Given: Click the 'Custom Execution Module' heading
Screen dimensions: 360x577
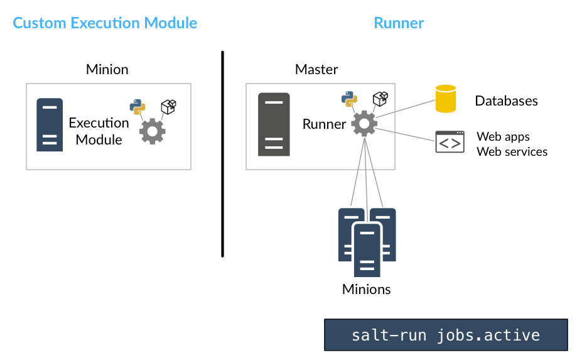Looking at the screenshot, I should [105, 24].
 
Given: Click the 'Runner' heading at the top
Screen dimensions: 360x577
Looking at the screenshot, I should [399, 24].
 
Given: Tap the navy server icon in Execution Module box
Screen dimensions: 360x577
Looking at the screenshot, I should [50, 124].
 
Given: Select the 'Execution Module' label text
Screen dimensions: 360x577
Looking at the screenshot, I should [99, 131].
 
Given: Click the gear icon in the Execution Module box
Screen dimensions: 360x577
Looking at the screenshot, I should [152, 131].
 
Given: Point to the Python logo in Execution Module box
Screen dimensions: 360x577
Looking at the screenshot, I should [138, 107].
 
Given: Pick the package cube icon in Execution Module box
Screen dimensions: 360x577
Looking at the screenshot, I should [168, 107].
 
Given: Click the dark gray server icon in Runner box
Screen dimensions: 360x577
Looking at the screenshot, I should [274, 124].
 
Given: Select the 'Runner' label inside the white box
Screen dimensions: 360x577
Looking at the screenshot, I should [324, 124].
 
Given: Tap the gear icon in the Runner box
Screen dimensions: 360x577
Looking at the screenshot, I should [364, 123].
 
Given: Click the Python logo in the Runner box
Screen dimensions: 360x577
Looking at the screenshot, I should [349, 99].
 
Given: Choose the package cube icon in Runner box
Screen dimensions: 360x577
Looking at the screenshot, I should [380, 99].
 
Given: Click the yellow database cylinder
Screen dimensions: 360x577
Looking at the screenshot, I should [446, 99].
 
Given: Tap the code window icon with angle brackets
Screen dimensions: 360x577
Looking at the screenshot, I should [450, 143].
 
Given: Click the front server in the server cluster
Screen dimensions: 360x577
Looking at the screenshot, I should [367, 250].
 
